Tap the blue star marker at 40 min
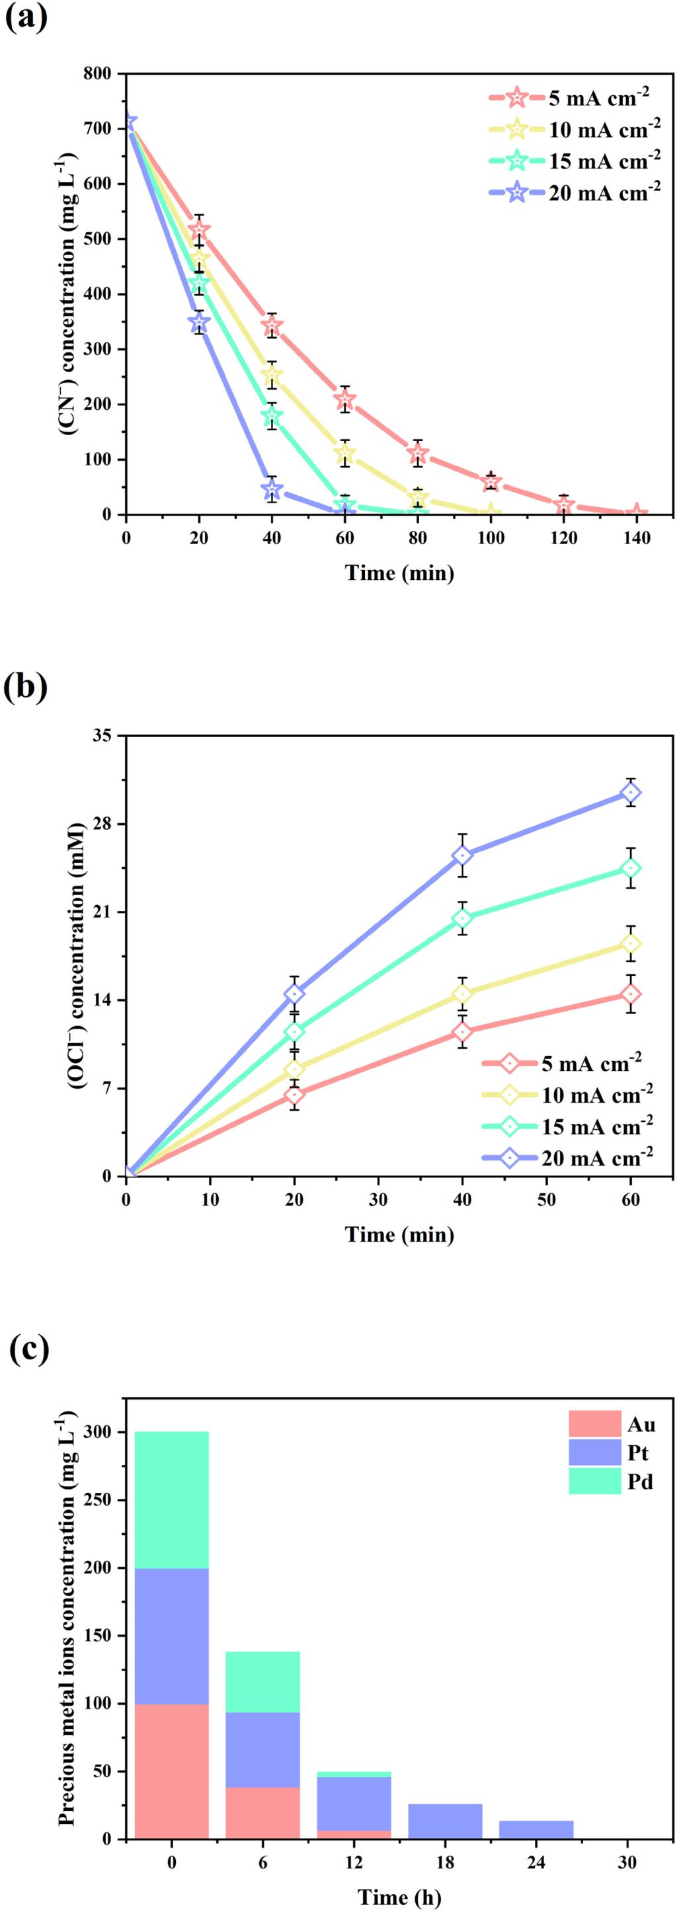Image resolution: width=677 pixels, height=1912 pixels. click(272, 489)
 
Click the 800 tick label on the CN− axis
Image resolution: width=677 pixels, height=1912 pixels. click(99, 73)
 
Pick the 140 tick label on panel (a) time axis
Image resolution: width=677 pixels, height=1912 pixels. click(636, 537)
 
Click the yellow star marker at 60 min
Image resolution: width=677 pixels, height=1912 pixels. click(344, 453)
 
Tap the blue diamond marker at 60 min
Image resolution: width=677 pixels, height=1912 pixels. click(631, 793)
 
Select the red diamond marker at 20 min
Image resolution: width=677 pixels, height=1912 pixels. click(295, 1095)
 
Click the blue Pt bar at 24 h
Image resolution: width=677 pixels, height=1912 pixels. click(536, 1829)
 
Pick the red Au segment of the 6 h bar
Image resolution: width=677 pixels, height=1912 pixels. click(262, 1813)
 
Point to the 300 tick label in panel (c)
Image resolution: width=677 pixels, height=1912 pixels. click(99, 1433)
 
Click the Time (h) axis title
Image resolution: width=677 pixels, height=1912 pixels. click(399, 1897)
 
